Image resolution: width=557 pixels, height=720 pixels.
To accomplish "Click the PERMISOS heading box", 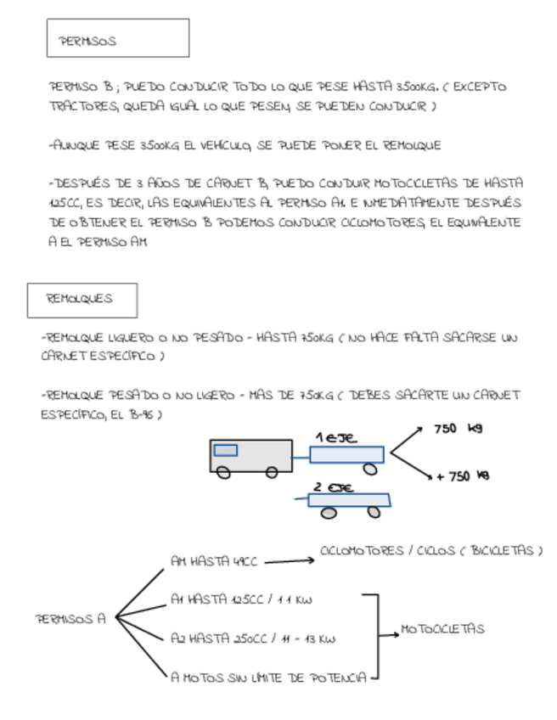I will pos(117,38).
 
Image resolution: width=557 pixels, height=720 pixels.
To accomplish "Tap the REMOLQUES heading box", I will pos(82,300).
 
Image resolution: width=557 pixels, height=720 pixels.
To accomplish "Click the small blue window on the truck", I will pos(225,450).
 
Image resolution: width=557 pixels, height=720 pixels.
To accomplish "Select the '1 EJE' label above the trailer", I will pos(336,437).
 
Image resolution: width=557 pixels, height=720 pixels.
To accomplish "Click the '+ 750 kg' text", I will pos(463,476).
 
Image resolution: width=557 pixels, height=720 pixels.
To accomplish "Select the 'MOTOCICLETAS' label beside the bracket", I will pos(442,629).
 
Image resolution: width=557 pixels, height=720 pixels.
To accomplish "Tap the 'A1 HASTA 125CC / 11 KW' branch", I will pos(241,599).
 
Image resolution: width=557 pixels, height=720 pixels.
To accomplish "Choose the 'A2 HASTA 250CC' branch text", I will pos(252,638).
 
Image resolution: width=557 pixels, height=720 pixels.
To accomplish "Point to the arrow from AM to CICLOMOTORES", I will pos(290,560).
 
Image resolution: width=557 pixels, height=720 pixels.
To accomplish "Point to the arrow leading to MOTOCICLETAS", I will pos(389,631).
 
